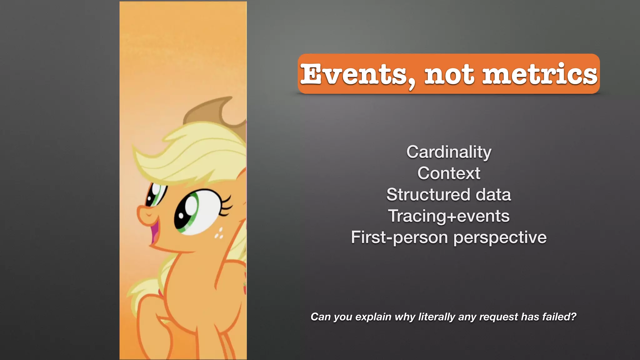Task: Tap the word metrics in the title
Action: [x=540, y=74]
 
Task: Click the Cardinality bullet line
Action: [x=449, y=152]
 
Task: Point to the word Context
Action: [x=449, y=173]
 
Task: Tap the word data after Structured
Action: [x=493, y=195]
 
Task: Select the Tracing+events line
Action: [x=449, y=216]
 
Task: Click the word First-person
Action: [x=400, y=237]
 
